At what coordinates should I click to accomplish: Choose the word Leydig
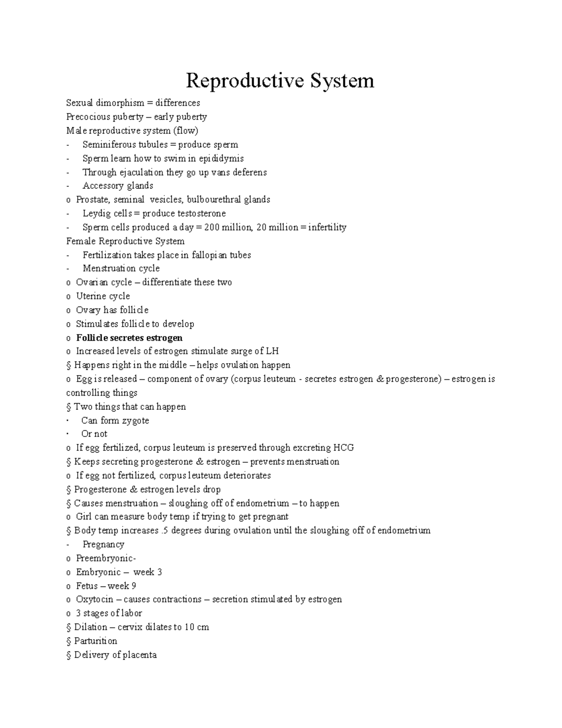tap(96, 213)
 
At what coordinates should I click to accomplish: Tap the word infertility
tap(327, 227)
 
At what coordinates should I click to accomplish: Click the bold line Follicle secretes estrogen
tap(129, 338)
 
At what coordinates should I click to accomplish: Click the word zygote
tap(135, 420)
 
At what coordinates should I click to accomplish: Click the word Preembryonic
tap(105, 558)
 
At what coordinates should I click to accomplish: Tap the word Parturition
tap(96, 641)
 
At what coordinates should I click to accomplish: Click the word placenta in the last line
tap(140, 655)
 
